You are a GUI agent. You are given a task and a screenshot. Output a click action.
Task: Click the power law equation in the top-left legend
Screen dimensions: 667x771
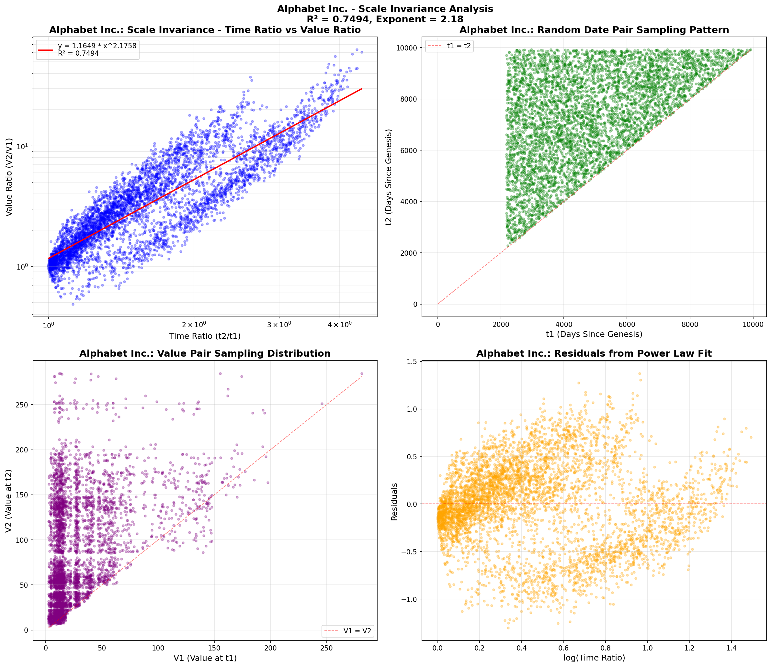click(97, 46)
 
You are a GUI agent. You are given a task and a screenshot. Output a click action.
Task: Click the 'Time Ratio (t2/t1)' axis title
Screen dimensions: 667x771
click(205, 336)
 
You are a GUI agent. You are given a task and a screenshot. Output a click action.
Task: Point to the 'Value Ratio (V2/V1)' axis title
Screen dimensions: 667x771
click(9, 177)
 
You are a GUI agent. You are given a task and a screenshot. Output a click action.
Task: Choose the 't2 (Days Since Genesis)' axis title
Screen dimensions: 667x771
click(389, 177)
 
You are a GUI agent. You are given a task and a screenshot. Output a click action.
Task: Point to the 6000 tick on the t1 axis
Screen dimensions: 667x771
click(627, 324)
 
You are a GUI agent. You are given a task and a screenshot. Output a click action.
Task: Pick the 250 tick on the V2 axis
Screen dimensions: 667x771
click(23, 405)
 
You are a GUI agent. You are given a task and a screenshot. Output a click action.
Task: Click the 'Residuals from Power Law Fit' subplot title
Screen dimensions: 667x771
click(594, 353)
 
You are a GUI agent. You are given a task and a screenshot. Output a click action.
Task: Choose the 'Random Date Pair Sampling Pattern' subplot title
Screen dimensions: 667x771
click(594, 30)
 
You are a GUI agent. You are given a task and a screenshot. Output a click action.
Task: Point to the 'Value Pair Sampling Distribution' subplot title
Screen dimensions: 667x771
click(205, 353)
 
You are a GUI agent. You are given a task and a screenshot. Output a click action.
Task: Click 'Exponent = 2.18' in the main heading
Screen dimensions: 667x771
click(420, 19)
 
